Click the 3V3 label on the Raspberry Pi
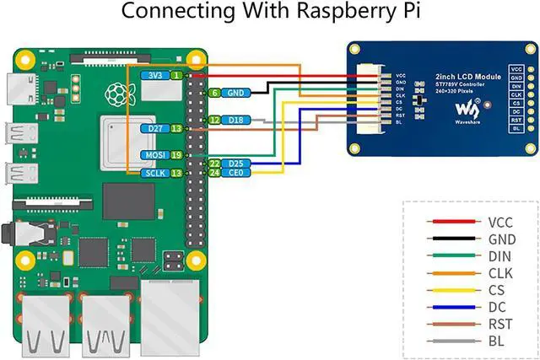[x=154, y=75]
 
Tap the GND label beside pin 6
[x=236, y=93]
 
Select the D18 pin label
[x=235, y=121]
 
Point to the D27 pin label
[x=154, y=128]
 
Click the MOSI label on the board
[x=154, y=155]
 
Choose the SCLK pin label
[x=154, y=173]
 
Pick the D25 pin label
[x=236, y=163]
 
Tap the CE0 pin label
[x=236, y=173]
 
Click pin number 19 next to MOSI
[x=176, y=155]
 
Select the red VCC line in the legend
[x=451, y=222]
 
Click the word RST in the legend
[x=499, y=324]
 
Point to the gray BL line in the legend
[x=451, y=341]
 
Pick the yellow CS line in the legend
[x=451, y=289]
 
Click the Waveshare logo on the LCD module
[x=467, y=108]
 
